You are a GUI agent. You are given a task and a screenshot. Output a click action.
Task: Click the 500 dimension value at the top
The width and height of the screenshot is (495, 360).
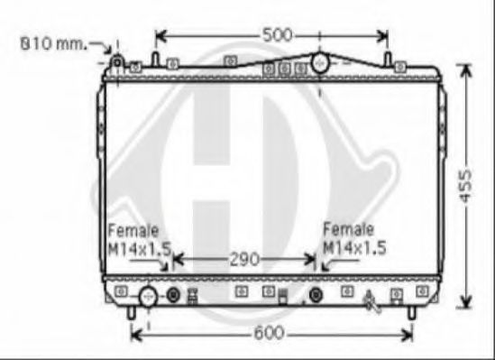click(277, 35)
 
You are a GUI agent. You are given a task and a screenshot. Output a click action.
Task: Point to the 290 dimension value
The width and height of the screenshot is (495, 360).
click(243, 259)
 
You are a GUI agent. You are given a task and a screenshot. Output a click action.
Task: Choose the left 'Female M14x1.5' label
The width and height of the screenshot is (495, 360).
click(139, 239)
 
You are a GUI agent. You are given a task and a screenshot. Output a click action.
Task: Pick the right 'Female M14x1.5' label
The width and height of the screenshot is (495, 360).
click(353, 239)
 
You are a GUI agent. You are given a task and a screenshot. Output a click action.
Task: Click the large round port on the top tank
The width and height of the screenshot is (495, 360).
click(319, 62)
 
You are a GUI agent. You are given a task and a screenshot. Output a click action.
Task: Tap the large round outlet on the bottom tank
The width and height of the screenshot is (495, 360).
click(147, 295)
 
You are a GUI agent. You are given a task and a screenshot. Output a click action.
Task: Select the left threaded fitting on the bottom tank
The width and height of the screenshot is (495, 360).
click(174, 294)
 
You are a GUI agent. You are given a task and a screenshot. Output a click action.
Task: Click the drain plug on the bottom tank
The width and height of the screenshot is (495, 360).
click(370, 300)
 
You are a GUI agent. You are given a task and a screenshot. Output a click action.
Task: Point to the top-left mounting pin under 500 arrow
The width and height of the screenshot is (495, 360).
click(155, 60)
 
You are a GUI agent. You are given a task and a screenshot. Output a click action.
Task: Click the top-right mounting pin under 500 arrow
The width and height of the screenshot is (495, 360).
click(388, 60)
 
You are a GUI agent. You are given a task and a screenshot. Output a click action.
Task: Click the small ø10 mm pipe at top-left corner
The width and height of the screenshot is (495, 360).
click(117, 61)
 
